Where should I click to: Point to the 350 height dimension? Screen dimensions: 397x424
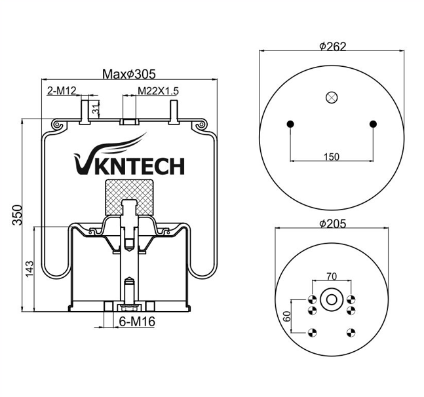point(17,215)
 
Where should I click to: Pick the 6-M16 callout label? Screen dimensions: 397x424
point(136,322)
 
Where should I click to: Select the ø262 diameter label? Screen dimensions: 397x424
point(332,47)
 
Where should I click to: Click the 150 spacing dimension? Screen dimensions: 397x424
point(332,156)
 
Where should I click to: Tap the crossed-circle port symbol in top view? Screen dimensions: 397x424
point(331,97)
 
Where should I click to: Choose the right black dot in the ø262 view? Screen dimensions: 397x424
point(373,124)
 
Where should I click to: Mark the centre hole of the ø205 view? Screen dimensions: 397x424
point(332,300)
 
